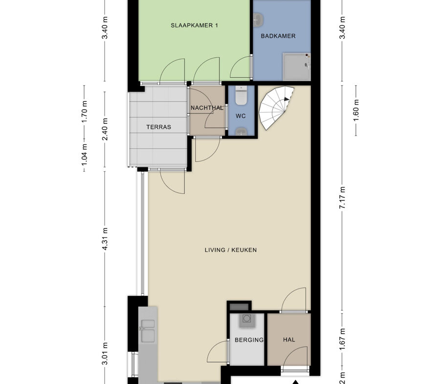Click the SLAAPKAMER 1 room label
[194, 25]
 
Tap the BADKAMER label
[278, 36]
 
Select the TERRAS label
[158, 127]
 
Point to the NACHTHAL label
[207, 108]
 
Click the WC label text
[241, 116]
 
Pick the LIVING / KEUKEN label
[231, 250]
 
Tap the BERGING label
[249, 340]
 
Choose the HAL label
[289, 339]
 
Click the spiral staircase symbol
[276, 108]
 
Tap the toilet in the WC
[241, 95]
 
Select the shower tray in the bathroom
[297, 67]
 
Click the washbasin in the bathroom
[258, 20]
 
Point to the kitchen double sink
[148, 331]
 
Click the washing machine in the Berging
[247, 320]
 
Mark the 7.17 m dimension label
[342, 197]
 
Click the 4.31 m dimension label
[105, 239]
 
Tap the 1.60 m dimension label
[356, 111]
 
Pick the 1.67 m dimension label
[342, 339]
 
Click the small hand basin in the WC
[241, 131]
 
